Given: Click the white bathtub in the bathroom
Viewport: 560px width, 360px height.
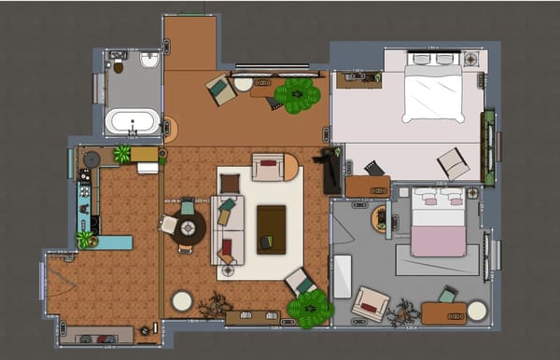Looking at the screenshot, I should pos(132,121).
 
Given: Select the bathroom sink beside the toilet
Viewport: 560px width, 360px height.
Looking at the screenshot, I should pos(149,61).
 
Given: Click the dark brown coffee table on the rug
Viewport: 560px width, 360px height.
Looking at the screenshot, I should pos(271,228).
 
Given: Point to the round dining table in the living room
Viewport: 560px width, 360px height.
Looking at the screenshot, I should pos(188,228).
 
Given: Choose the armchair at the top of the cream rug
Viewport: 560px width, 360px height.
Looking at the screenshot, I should pos(268,167).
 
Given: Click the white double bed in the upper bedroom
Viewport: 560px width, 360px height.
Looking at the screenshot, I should pos(433,90).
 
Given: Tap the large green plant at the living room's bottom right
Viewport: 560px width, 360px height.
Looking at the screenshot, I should pos(311,309).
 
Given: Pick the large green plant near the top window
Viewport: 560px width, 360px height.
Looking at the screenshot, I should pos(298,94).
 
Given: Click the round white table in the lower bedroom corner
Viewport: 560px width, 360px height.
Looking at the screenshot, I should pos(477,311).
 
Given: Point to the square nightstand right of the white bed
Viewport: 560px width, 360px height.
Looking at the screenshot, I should pos(470,58).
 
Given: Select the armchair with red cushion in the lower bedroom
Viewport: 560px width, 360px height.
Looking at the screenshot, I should pos(371,304).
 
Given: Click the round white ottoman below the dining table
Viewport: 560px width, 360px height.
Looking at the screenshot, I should pos(182,300).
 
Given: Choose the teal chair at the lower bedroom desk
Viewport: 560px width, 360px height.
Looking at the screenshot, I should pos(448,295).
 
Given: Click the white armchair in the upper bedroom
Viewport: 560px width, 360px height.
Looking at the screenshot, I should pos(454,163).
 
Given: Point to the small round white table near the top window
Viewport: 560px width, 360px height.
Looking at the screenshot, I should pos(244,84).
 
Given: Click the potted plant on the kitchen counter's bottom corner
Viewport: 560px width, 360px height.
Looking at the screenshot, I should pos(85,239).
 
